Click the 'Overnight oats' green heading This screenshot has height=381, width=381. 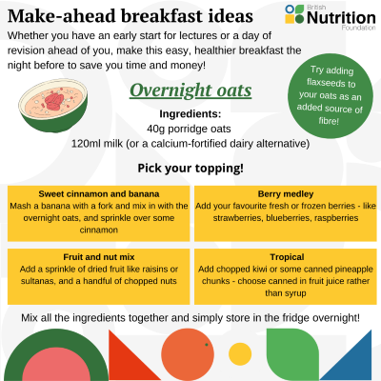(x=190, y=90)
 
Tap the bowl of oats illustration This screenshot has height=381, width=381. (x=52, y=105)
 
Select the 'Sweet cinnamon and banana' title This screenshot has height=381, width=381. (x=99, y=194)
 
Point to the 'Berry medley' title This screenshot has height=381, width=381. (x=286, y=194)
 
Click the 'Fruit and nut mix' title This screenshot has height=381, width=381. (x=99, y=257)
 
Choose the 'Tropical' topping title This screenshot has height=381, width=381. (x=287, y=257)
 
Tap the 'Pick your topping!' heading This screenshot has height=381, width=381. (x=190, y=169)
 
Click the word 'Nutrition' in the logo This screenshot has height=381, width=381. (x=341, y=18)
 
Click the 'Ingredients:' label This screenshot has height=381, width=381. (x=190, y=114)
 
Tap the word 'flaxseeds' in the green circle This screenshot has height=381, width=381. (x=331, y=83)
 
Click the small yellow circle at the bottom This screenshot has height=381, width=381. (x=240, y=354)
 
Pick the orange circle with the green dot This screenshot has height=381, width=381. (x=188, y=354)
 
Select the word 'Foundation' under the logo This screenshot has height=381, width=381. (x=358, y=28)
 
